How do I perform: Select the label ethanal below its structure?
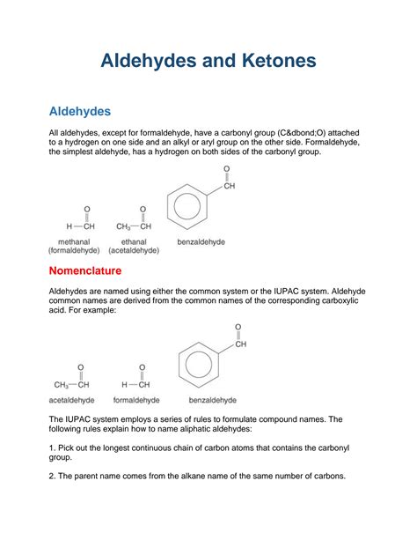tap(135, 240)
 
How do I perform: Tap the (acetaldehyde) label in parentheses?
tap(135, 250)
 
